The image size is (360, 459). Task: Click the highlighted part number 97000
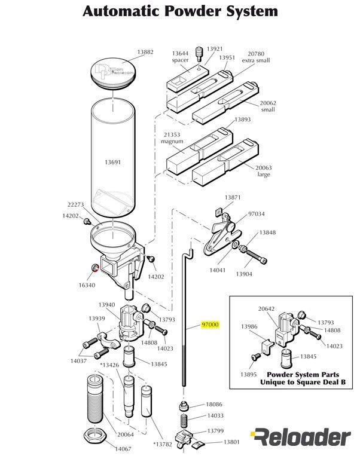(x=210, y=325)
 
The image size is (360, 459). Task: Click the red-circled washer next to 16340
(x=93, y=267)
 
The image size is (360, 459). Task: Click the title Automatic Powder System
(x=179, y=11)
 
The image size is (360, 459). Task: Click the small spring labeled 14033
(x=184, y=417)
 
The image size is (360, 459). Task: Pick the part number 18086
(x=214, y=405)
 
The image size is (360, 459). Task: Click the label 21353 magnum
(x=172, y=138)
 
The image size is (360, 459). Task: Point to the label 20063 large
(x=264, y=171)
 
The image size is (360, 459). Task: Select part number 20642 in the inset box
(x=266, y=309)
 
